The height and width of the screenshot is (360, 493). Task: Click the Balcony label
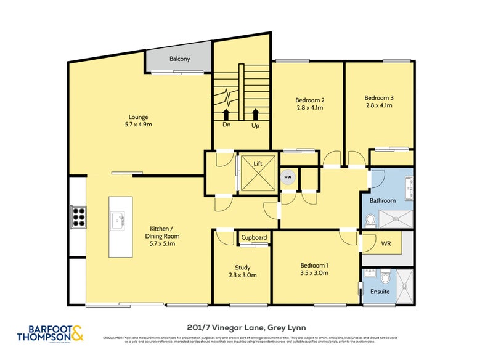(x=179, y=59)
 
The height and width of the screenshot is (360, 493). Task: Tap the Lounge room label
(x=138, y=117)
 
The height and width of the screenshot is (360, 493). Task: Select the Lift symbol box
(x=258, y=174)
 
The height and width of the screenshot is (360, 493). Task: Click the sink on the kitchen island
(x=117, y=218)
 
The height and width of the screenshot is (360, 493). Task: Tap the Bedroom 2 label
(x=309, y=100)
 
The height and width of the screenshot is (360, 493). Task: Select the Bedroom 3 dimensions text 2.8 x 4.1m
(x=378, y=105)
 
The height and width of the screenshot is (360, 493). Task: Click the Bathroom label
(x=382, y=201)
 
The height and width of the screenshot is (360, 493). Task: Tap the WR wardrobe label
(x=386, y=243)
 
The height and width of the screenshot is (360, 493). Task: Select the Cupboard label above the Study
(x=254, y=237)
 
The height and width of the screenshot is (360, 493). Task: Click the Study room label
(x=242, y=268)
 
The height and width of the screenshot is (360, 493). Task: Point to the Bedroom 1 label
(x=313, y=264)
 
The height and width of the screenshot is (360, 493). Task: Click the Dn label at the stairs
(x=227, y=125)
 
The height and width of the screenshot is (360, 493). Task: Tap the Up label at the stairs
(x=255, y=125)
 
